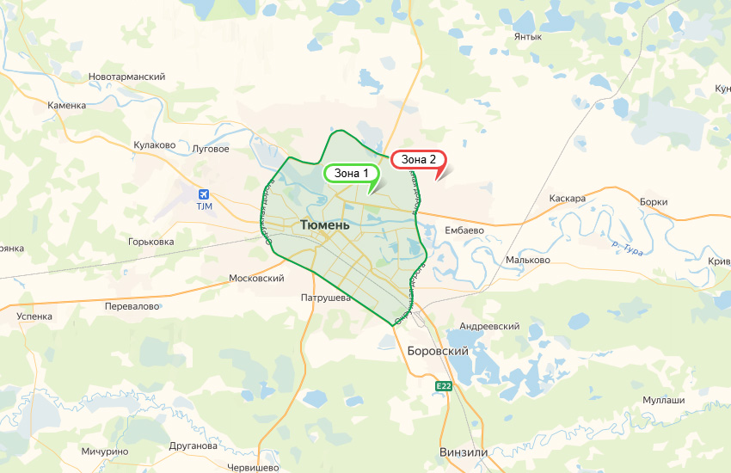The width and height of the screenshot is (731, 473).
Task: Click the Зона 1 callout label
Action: click(x=350, y=174)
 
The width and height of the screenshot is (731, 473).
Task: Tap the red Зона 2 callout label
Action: click(x=419, y=159)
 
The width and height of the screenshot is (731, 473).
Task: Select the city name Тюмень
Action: click(x=325, y=225)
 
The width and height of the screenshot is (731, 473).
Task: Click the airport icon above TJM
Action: click(x=204, y=193)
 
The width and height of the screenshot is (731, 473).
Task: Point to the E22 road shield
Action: click(x=443, y=386)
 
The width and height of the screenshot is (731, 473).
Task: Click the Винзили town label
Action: click(x=464, y=452)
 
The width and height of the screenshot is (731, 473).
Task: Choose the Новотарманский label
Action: click(x=127, y=77)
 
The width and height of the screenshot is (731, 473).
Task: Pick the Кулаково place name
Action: click(x=155, y=145)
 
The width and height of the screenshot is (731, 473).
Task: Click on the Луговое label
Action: click(x=211, y=149)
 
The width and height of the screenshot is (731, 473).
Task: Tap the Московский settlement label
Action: click(x=256, y=279)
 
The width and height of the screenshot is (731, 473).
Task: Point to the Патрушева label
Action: click(x=327, y=298)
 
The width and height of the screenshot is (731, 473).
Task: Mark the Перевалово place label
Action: click(x=132, y=306)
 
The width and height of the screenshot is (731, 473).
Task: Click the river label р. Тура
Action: click(x=628, y=248)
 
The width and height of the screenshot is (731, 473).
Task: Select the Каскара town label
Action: click(x=567, y=199)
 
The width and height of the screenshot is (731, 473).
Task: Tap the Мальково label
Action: click(x=528, y=260)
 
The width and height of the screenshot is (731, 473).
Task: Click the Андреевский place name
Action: click(x=490, y=327)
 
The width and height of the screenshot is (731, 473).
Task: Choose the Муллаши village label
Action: click(x=664, y=401)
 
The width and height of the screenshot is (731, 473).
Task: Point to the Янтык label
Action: click(x=527, y=37)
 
